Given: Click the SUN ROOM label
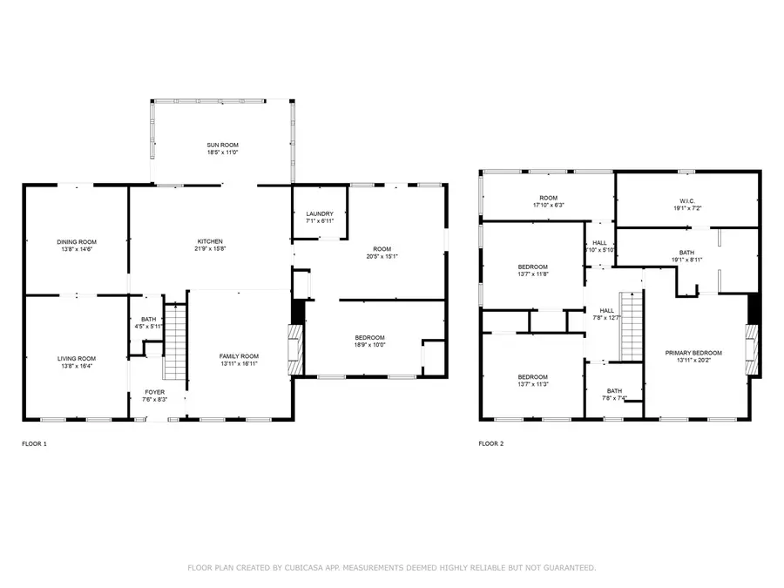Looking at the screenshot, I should pos(222,145).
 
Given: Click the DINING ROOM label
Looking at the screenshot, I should pos(77,241).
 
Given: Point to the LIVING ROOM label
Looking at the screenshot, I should pos(77,358).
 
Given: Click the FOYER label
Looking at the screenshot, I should pos(154,392).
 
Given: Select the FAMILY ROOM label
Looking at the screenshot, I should pos(239,355).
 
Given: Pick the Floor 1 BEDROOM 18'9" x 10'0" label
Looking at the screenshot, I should pos(369,338).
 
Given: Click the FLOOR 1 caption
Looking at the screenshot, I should pos(35,443).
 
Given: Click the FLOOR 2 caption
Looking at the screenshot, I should pos(491,443).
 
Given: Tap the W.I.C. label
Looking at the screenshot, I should pos(687,199).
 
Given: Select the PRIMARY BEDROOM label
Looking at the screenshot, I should pos(694,352).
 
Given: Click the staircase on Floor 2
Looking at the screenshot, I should pos(632,327).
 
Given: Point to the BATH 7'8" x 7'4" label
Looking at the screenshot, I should pos(614,391).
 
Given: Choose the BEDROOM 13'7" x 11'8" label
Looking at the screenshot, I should pos(533,266).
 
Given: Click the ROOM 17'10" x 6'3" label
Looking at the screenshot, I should pos(548,199).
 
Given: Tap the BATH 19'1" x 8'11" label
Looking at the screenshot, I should pos(687,252).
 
